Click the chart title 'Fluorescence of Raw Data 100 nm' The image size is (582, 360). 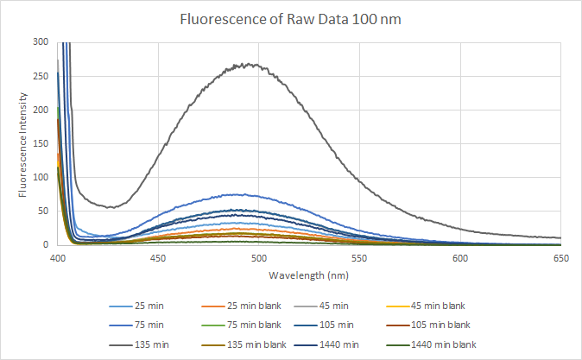pyautogui.click(x=291, y=18)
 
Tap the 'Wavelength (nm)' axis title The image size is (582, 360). pyautogui.click(x=309, y=275)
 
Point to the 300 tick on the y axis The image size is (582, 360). pyautogui.click(x=40, y=41)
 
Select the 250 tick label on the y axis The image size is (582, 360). pyautogui.click(x=40, y=76)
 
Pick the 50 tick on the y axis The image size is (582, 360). pyautogui.click(x=42, y=212)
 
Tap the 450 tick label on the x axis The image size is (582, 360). pyautogui.click(x=158, y=258)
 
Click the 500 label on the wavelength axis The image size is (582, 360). pyautogui.click(x=259, y=258)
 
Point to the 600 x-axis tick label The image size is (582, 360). pyautogui.click(x=460, y=258)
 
